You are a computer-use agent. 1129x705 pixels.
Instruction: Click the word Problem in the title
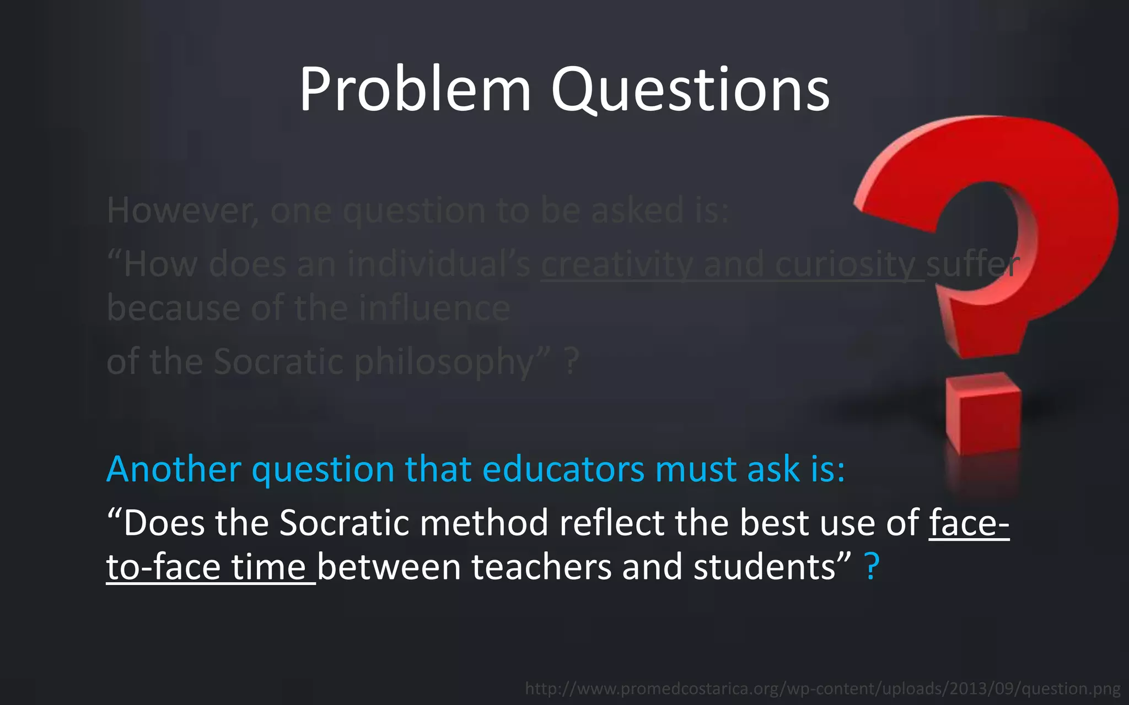(x=415, y=90)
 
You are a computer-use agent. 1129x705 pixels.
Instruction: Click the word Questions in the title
(x=690, y=90)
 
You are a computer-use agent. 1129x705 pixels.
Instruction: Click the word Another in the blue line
(x=174, y=469)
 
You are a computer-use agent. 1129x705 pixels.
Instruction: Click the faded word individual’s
(x=439, y=265)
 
